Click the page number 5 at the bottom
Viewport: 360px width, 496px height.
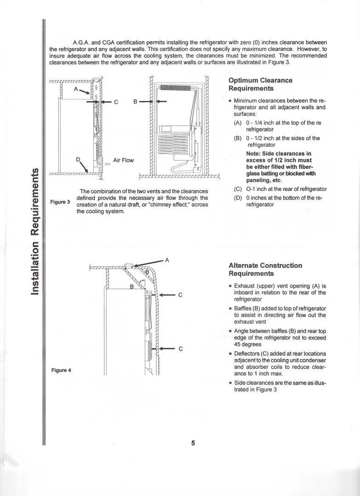193,444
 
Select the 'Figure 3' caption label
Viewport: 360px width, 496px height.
60,202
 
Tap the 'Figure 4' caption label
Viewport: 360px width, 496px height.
61,370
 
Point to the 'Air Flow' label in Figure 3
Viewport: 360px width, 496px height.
123,160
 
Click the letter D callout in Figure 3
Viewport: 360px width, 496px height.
78,159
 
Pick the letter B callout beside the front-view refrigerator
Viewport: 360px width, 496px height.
136,102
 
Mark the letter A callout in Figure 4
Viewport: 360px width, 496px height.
167,260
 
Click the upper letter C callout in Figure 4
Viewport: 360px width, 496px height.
181,295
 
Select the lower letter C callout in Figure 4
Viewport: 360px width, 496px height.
181,349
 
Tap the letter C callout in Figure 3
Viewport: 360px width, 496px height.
116,102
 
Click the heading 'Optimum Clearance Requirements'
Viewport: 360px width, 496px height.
260,84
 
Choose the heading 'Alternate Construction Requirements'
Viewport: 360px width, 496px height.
265,270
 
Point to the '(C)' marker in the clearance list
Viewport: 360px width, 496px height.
238,189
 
